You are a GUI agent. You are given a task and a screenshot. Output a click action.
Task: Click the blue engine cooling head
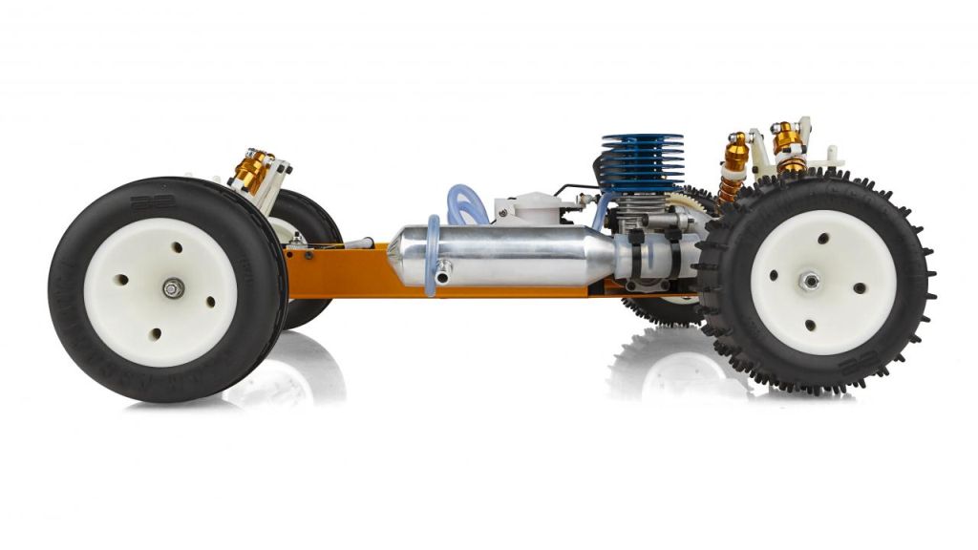[x=642, y=162]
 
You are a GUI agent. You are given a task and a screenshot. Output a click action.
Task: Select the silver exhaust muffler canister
[x=506, y=255]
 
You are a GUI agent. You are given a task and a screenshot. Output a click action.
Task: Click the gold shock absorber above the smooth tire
[x=252, y=169]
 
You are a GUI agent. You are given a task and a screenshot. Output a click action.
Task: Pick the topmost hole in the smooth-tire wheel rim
[x=177, y=247]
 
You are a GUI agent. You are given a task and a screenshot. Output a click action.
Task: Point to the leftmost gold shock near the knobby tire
[x=733, y=162]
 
